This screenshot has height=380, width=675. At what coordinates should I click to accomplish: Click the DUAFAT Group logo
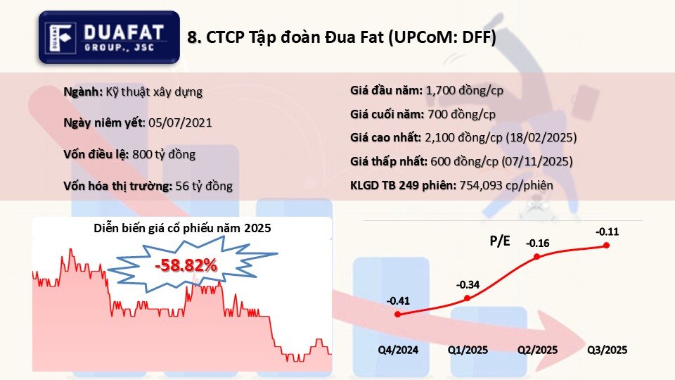pos(109,37)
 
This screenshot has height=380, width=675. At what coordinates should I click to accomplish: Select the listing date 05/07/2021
pos(181,122)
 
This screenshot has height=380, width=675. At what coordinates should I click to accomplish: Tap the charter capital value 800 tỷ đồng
pos(164,154)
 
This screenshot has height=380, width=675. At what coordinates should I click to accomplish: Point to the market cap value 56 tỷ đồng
pos(204,186)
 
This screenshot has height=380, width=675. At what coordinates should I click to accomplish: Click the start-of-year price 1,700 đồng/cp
pos(465,91)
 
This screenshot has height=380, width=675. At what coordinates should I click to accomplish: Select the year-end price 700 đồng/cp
pos(461,114)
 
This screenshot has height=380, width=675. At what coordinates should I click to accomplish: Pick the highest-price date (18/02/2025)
pos(541,137)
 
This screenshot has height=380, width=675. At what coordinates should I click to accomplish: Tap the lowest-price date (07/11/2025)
pos(537,162)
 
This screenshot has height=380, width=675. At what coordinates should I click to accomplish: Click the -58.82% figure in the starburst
pos(186,265)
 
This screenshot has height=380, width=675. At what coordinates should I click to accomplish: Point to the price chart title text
pos(183,228)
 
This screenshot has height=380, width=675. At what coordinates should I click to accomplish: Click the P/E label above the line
pos(500,241)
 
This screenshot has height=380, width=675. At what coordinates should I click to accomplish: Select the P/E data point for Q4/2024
pos(398,315)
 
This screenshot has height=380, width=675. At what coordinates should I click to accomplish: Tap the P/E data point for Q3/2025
pos(607,245)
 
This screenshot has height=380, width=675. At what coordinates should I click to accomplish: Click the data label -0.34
pos(468,285)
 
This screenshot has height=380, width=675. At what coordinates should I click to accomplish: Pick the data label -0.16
pos(538,243)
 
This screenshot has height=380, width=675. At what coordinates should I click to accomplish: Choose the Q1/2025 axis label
pos(468,350)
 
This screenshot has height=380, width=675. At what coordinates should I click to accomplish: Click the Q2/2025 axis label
pos(538,350)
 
